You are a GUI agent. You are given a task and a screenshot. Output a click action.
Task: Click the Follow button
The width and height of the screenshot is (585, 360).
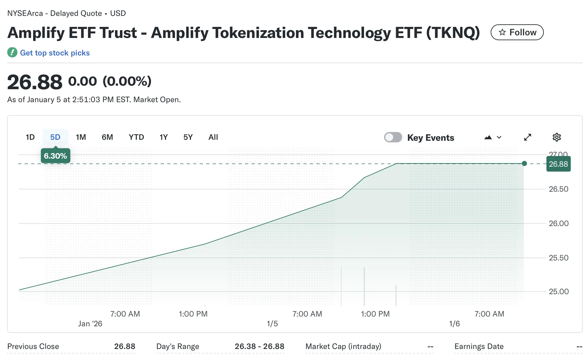coord(517,32)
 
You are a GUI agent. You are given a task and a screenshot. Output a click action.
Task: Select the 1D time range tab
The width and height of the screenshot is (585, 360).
coord(30,137)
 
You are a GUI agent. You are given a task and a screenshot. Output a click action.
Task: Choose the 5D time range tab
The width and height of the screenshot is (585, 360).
coord(55,137)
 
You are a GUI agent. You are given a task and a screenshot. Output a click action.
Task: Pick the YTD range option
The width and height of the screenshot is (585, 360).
coord(136,137)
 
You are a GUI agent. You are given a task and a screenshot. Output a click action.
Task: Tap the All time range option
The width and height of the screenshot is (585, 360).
coord(213,137)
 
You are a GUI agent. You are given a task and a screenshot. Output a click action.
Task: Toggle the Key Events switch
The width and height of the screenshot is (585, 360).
coord(393,137)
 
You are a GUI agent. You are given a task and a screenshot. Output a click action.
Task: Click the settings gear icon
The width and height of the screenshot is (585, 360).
coord(556,137)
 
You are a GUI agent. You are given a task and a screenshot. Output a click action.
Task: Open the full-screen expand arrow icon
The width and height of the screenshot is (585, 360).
coord(528,137)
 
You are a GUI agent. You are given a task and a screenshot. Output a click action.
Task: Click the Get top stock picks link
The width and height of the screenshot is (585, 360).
coord(55,53)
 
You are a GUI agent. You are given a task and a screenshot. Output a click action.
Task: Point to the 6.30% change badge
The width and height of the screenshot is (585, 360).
coord(55,156)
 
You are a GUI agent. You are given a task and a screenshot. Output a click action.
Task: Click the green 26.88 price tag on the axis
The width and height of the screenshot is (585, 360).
coord(558,164)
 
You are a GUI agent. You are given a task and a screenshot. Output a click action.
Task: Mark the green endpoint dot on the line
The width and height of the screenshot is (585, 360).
coord(524,163)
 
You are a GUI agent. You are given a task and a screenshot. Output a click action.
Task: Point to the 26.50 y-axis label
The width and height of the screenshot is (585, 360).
coord(558,189)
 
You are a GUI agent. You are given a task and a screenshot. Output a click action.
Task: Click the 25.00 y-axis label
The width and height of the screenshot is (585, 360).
coord(558,292)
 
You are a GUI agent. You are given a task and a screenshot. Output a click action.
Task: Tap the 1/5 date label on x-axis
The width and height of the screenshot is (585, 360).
coord(272,324)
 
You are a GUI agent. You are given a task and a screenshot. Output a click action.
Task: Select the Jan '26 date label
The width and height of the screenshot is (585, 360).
coord(90,324)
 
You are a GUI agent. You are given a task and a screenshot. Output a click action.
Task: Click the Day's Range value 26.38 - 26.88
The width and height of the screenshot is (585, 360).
coord(259,346)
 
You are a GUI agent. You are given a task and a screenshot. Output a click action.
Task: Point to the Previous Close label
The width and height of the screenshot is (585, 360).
coord(33,346)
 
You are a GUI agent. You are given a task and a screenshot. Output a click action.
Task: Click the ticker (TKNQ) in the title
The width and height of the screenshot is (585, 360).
coord(453,33)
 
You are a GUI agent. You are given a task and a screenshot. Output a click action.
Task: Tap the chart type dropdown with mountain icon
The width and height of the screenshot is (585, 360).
coord(493,137)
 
